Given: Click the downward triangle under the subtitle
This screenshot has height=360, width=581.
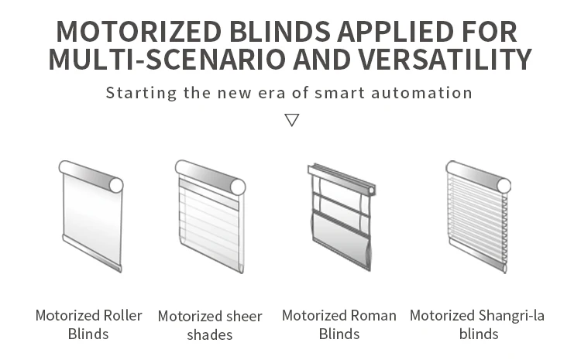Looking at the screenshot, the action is click(x=291, y=120).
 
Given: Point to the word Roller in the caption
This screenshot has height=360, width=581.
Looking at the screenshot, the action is click(x=122, y=316).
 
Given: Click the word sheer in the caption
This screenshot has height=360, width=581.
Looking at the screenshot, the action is click(x=243, y=317).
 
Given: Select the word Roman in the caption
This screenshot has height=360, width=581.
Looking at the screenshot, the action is click(x=373, y=316).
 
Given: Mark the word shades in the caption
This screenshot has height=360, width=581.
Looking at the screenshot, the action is click(x=210, y=335).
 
